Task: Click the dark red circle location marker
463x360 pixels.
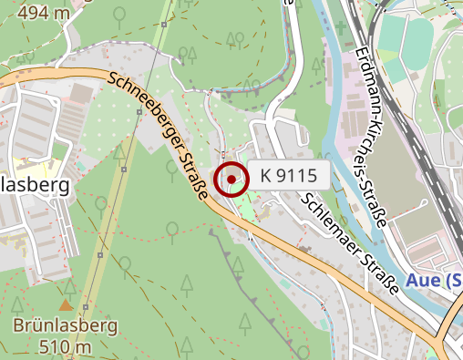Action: point(231,180)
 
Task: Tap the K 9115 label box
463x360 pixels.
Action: point(288,173)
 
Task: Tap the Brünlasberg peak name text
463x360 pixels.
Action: point(66,325)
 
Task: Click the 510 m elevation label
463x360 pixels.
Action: point(66,346)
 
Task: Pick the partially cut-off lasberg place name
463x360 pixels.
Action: point(36,186)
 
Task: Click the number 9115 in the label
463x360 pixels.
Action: point(296,173)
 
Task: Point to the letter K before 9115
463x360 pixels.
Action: point(266,173)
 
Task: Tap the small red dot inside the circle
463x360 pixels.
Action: point(231,180)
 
